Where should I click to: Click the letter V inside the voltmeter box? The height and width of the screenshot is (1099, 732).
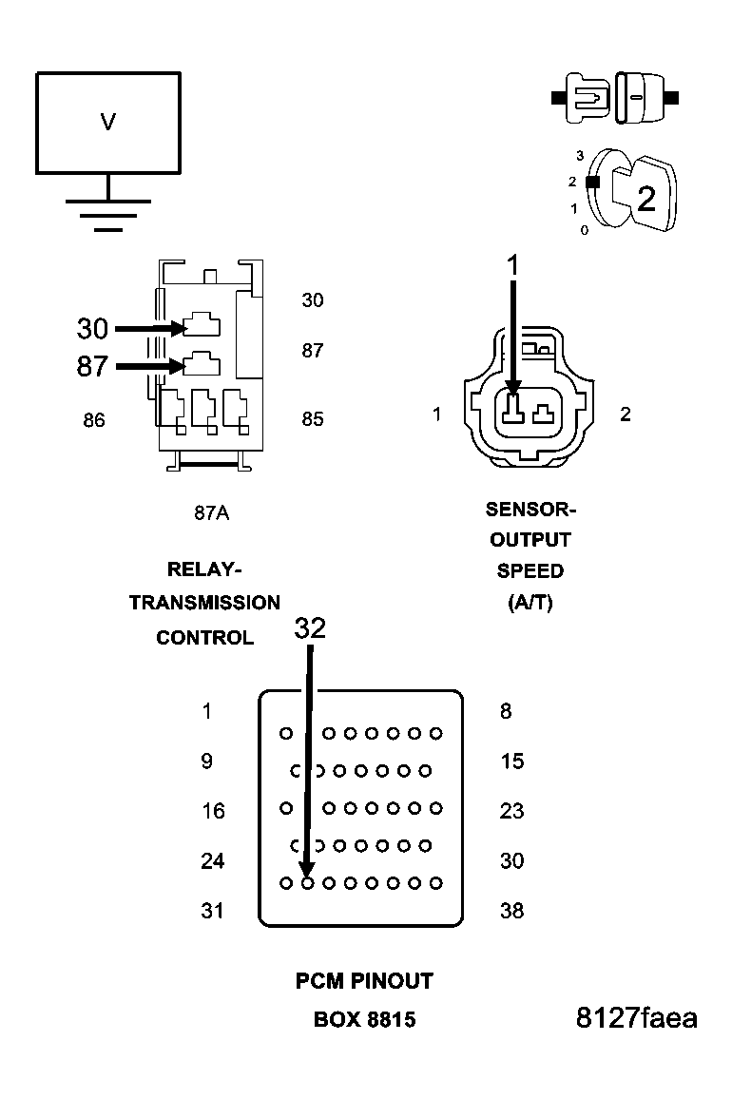click(x=108, y=122)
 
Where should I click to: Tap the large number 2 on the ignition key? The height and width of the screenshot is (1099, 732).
click(x=646, y=199)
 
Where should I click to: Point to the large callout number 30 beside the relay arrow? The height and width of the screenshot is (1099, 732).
click(x=92, y=329)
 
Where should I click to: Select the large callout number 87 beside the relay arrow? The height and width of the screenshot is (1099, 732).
click(x=92, y=366)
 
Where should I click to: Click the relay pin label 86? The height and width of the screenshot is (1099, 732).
click(x=93, y=419)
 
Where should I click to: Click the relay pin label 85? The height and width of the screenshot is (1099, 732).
click(x=313, y=419)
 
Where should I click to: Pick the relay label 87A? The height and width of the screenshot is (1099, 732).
click(x=211, y=512)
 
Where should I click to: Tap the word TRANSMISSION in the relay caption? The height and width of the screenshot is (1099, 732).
click(x=204, y=603)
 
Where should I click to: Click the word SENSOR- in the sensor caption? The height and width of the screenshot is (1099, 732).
click(x=530, y=509)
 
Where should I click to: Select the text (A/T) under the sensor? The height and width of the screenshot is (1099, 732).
click(x=530, y=603)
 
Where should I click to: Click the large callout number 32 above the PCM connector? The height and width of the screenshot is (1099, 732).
click(x=310, y=628)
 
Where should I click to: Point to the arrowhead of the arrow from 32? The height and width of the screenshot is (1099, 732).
click(x=306, y=871)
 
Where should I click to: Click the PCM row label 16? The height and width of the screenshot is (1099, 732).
click(x=213, y=811)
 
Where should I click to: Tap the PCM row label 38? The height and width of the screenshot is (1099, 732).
click(x=511, y=911)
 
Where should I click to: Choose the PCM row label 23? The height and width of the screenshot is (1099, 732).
click(x=511, y=811)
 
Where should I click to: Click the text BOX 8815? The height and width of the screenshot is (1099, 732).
click(x=364, y=1019)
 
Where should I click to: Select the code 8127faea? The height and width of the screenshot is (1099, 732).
click(x=636, y=1018)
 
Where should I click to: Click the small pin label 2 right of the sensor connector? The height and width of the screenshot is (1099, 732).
click(x=625, y=415)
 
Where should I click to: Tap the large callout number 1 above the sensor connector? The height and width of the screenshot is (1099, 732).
click(x=513, y=266)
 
